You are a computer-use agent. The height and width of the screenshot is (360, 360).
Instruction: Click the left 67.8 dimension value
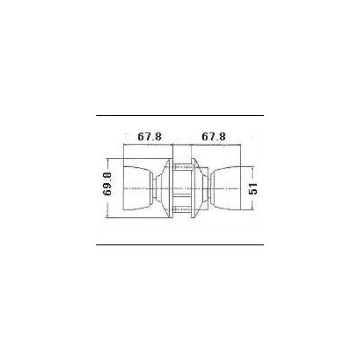149,137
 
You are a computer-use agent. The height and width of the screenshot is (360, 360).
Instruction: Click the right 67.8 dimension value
214,137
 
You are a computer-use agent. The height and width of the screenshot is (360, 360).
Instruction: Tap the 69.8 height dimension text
107,184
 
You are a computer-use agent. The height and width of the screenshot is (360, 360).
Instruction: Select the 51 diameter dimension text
253,189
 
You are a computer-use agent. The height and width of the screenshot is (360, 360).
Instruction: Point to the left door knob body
136,188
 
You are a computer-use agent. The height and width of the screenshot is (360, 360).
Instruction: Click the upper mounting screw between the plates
182,167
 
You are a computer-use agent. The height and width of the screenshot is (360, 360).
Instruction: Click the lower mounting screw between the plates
182,209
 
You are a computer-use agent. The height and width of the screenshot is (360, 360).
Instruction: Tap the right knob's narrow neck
209,188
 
